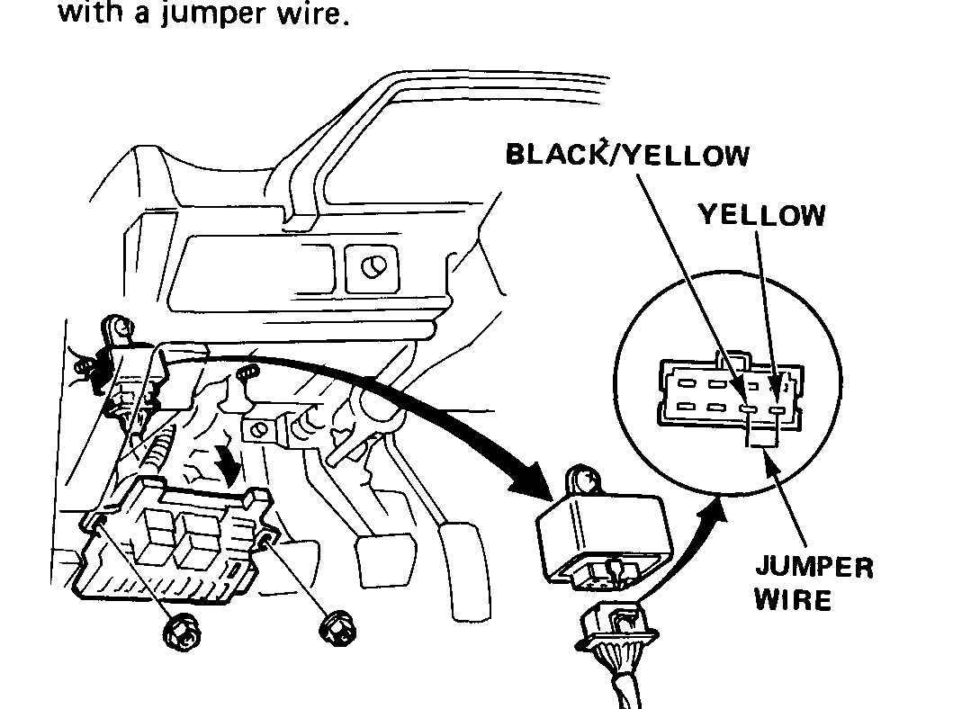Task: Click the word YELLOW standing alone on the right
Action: coord(760,215)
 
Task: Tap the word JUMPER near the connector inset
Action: coord(814,569)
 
